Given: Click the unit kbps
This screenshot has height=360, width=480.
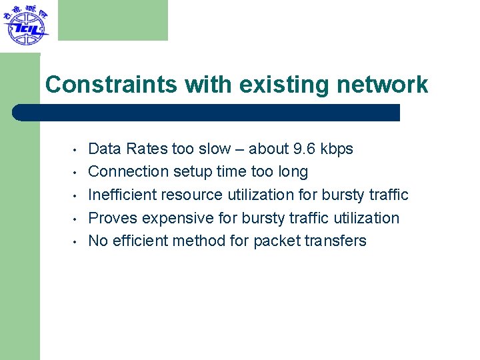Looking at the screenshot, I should pos(337,149).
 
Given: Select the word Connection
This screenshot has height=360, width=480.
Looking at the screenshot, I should pos(128,171).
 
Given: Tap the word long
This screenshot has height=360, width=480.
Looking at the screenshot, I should pos(293,172).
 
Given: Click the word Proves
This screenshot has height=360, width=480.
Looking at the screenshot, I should pos(110,218).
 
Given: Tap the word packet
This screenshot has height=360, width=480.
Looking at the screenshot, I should pos(276,241).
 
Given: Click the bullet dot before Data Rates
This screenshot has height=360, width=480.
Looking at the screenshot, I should pos(77,149).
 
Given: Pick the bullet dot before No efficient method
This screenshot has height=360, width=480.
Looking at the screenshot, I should pos(77,241).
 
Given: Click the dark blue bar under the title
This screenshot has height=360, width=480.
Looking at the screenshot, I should pos(207,112).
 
